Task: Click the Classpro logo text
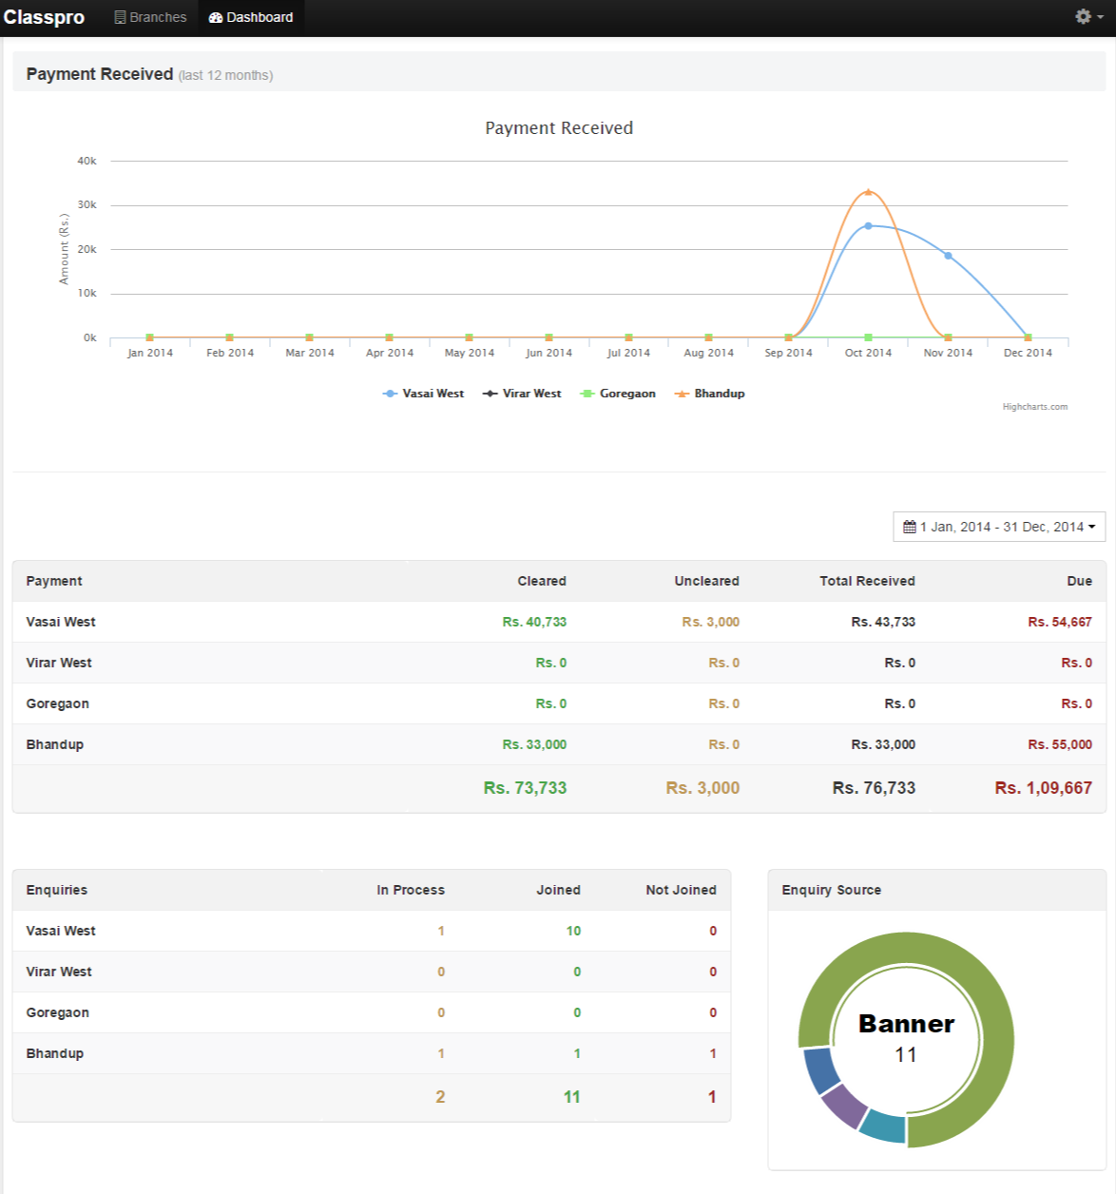coord(44,17)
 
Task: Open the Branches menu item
coord(150,17)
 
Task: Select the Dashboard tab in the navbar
coord(251,17)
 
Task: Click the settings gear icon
coord(1084,17)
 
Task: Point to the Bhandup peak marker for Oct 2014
coord(868,192)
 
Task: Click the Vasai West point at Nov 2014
coord(948,256)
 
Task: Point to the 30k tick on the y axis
coord(87,205)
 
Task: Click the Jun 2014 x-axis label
coord(549,353)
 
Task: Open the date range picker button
coord(999,527)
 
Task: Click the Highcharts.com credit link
coord(1034,407)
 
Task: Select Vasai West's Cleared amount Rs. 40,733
coord(534,622)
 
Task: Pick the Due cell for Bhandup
coord(1060,744)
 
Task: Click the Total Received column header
coord(867,581)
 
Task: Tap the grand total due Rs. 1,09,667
coord(1043,788)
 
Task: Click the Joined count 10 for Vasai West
coord(573,931)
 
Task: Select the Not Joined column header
coord(681,890)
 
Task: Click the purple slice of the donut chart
coord(843,1105)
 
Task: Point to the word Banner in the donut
coord(906,1024)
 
